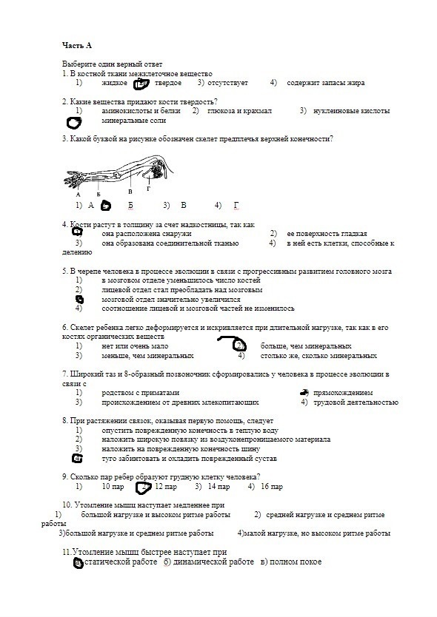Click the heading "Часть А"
click(x=77, y=46)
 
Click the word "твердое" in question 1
click(x=168, y=83)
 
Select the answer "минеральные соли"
click(x=133, y=121)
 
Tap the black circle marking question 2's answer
click(x=73, y=123)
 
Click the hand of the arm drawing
click(x=72, y=180)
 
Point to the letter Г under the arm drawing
click(x=149, y=189)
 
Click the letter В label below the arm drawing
click(x=130, y=192)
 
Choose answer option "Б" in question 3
click(x=130, y=206)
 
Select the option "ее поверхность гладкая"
click(x=327, y=234)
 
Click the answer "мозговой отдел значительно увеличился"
click(x=171, y=300)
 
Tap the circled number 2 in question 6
click(x=239, y=346)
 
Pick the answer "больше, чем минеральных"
click(x=306, y=346)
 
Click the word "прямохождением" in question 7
click(x=343, y=393)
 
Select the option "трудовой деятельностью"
click(x=356, y=402)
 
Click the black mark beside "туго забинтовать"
click(x=78, y=459)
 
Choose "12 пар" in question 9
click(x=166, y=486)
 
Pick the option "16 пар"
click(x=272, y=486)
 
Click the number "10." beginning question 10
click(x=67, y=505)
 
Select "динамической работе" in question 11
click(x=213, y=562)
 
